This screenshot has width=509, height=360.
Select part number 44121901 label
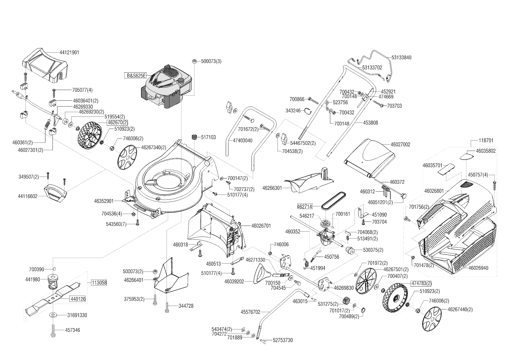(x=69, y=53)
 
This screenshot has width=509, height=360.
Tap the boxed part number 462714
(x=305, y=206)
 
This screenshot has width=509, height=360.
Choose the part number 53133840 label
(x=401, y=57)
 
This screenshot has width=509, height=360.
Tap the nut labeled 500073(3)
(x=195, y=61)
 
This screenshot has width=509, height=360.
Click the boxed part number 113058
(x=99, y=282)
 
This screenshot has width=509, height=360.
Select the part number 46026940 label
(x=478, y=268)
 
